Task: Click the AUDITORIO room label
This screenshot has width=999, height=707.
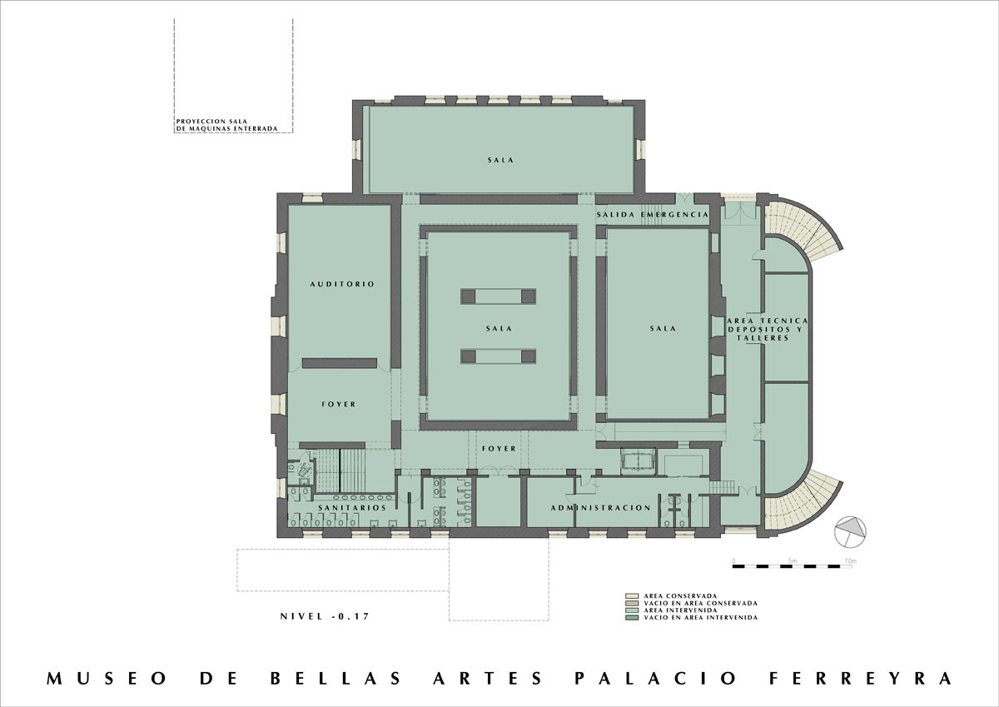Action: pos(341,284)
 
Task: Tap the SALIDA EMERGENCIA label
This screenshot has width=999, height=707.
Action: pos(653,215)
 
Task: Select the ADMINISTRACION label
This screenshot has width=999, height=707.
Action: pos(600,507)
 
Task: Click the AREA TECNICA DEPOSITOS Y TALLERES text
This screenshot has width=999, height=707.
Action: pos(767,329)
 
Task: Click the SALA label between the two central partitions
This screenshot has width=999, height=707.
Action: pos(499,329)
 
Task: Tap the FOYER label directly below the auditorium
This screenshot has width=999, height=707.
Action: pos(338,405)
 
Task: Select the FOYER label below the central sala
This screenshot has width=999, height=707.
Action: pos(499,449)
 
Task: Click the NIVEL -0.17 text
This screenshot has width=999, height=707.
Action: pos(325,616)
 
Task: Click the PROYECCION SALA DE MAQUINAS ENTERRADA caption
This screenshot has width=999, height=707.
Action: pos(226,125)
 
